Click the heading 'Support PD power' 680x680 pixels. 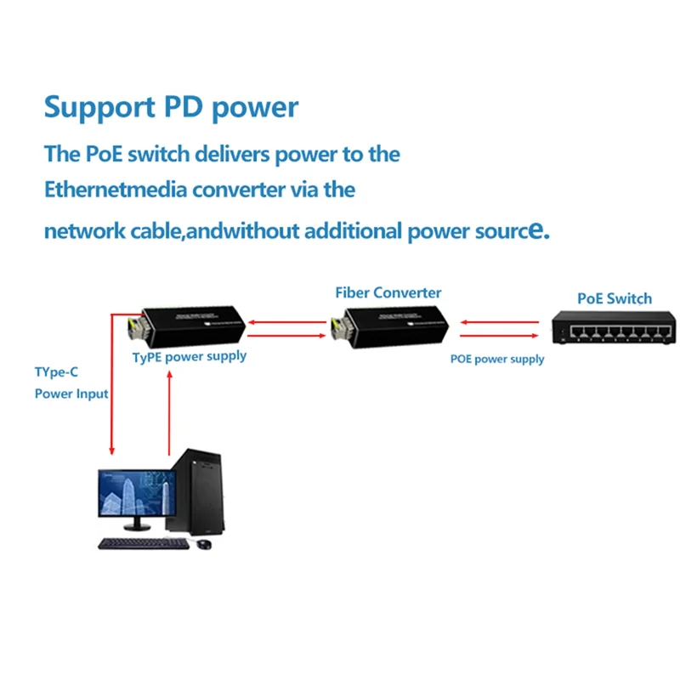coord(171,108)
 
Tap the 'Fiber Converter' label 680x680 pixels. coord(388,292)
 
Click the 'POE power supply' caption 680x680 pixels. coord(497,360)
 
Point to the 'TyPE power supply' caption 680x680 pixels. coord(189,356)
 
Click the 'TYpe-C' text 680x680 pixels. coord(59,372)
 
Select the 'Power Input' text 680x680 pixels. coord(71,394)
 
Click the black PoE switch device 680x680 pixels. coord(612,327)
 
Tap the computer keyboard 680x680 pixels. coord(143,543)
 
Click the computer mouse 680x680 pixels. coord(203,544)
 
